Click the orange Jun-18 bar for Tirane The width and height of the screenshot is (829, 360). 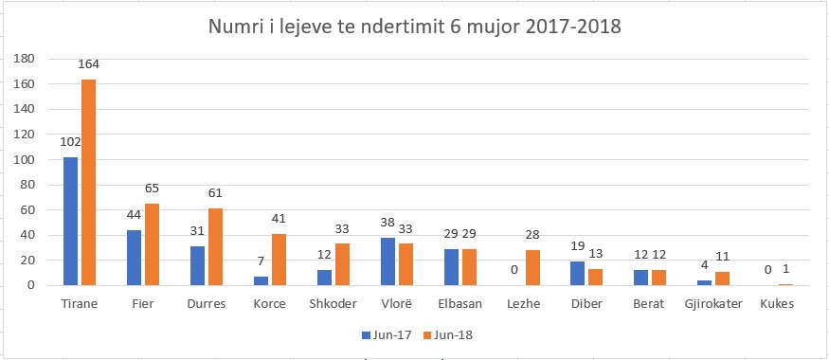(88, 183)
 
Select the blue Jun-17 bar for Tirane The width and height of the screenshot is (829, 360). (70, 222)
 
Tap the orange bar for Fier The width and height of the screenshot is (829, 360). (152, 244)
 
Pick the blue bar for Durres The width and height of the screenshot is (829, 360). (197, 266)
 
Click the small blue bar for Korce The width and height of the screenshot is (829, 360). (261, 280)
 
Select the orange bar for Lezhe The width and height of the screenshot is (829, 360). (532, 268)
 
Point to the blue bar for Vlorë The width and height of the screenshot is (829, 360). (388, 261)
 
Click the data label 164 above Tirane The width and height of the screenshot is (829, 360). (88, 64)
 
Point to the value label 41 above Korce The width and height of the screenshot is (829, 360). (279, 218)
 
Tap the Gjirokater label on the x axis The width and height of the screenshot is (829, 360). (713, 304)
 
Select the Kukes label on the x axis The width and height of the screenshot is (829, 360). (777, 304)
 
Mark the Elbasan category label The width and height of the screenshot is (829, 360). (460, 304)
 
